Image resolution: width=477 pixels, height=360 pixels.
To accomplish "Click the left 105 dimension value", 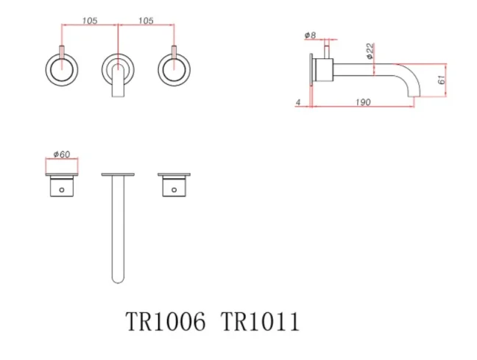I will click(x=90, y=20).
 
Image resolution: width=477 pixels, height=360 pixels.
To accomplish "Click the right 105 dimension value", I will click(x=145, y=20).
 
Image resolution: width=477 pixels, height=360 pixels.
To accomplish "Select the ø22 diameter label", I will click(x=369, y=52).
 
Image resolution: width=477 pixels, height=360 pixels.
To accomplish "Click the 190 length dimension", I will click(x=361, y=103).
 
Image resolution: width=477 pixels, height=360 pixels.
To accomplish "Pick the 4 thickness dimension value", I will click(x=298, y=103).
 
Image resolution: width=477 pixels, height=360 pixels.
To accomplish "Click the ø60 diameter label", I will click(x=61, y=155).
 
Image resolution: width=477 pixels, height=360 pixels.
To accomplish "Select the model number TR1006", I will click(x=166, y=322).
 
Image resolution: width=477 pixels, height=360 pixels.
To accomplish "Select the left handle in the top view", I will click(x=62, y=186).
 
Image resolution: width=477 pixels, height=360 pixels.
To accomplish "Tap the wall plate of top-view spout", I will click(x=118, y=174).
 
